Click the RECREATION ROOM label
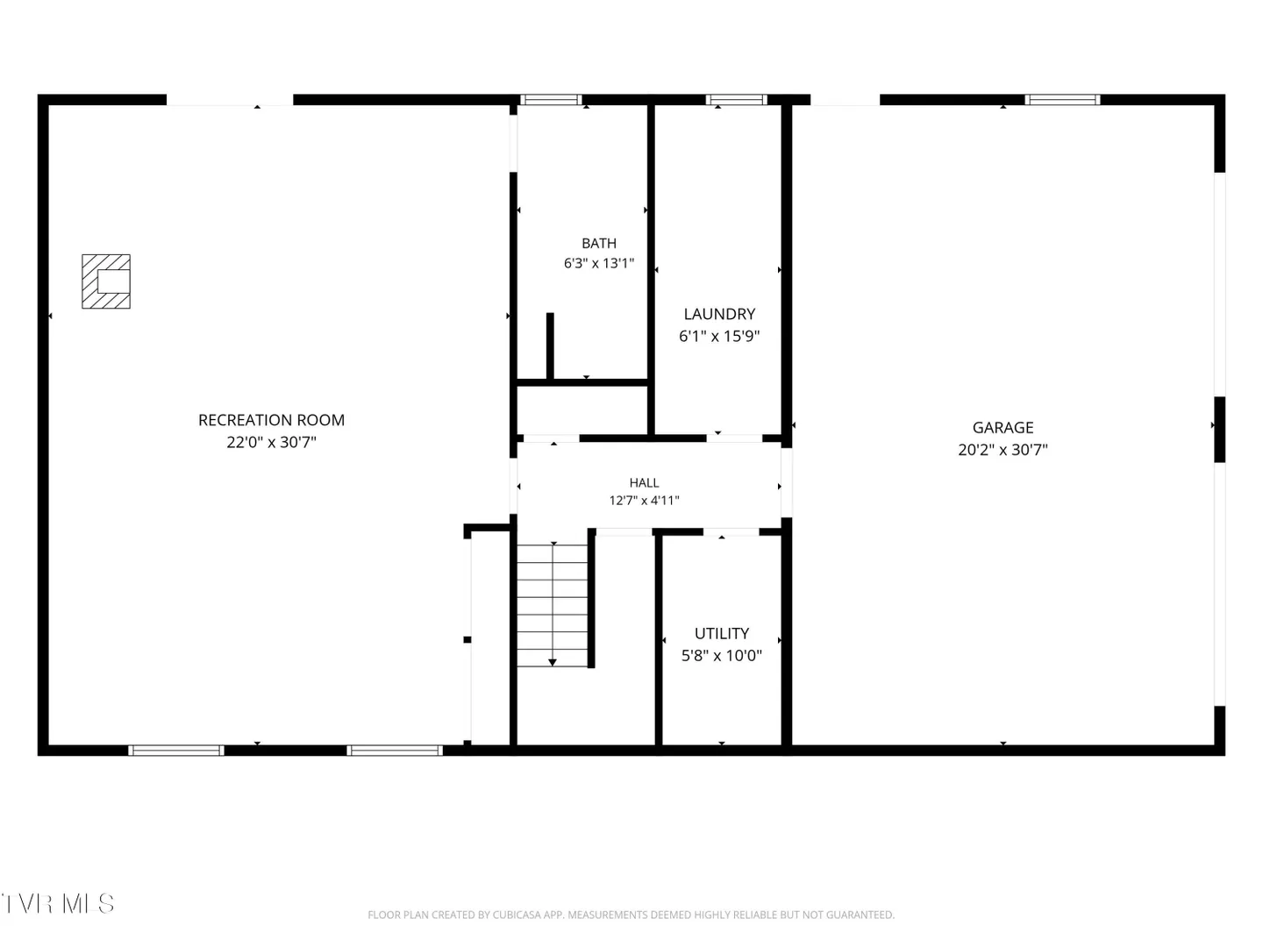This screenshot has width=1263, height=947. (x=271, y=420)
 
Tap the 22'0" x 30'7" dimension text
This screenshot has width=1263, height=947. (x=271, y=442)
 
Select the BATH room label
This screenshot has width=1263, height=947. (x=598, y=243)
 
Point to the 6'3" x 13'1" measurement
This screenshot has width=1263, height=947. (x=598, y=263)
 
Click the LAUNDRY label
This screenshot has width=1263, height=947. (x=719, y=314)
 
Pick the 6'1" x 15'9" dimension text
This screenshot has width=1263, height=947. (x=719, y=336)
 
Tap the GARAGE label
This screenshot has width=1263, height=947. (x=1003, y=428)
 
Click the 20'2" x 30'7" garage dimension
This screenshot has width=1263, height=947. (x=1003, y=450)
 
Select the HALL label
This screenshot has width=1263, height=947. (x=644, y=483)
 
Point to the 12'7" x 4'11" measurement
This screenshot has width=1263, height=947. (x=644, y=500)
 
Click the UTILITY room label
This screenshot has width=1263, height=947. (x=722, y=634)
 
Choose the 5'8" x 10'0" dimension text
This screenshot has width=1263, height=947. (x=722, y=656)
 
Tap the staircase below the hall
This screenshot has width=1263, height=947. (x=553, y=605)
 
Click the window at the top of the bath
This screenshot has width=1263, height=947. (x=551, y=99)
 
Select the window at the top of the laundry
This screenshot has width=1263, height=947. (x=737, y=99)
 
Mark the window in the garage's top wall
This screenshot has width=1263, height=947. (x=1062, y=99)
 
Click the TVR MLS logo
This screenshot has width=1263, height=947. (x=58, y=904)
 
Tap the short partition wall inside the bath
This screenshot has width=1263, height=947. (x=550, y=346)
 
